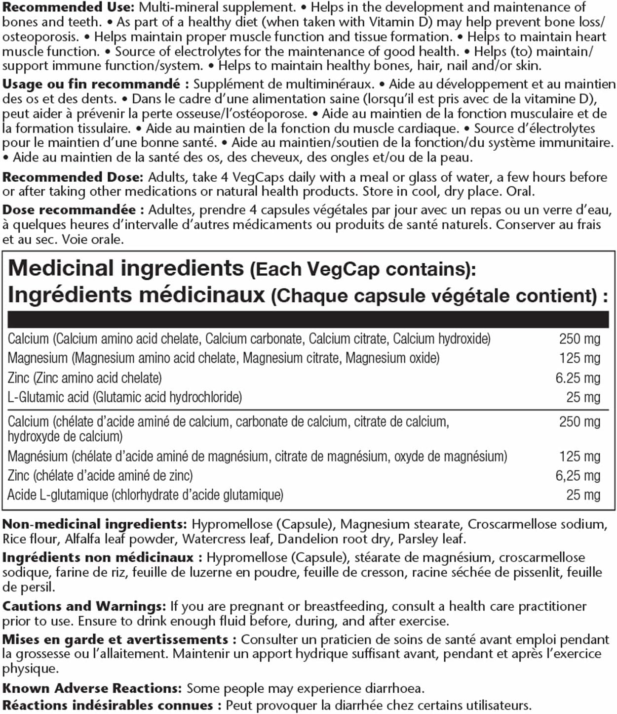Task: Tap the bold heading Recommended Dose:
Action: tap(73, 177)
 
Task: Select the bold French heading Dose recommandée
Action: tap(70, 210)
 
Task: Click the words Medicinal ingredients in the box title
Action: tap(126, 268)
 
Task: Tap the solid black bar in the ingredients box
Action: tap(308, 320)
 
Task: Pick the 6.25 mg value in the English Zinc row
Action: tap(578, 378)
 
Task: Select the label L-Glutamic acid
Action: tap(48, 397)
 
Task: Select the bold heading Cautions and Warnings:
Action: tap(84, 606)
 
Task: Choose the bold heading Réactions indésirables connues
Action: tap(107, 705)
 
